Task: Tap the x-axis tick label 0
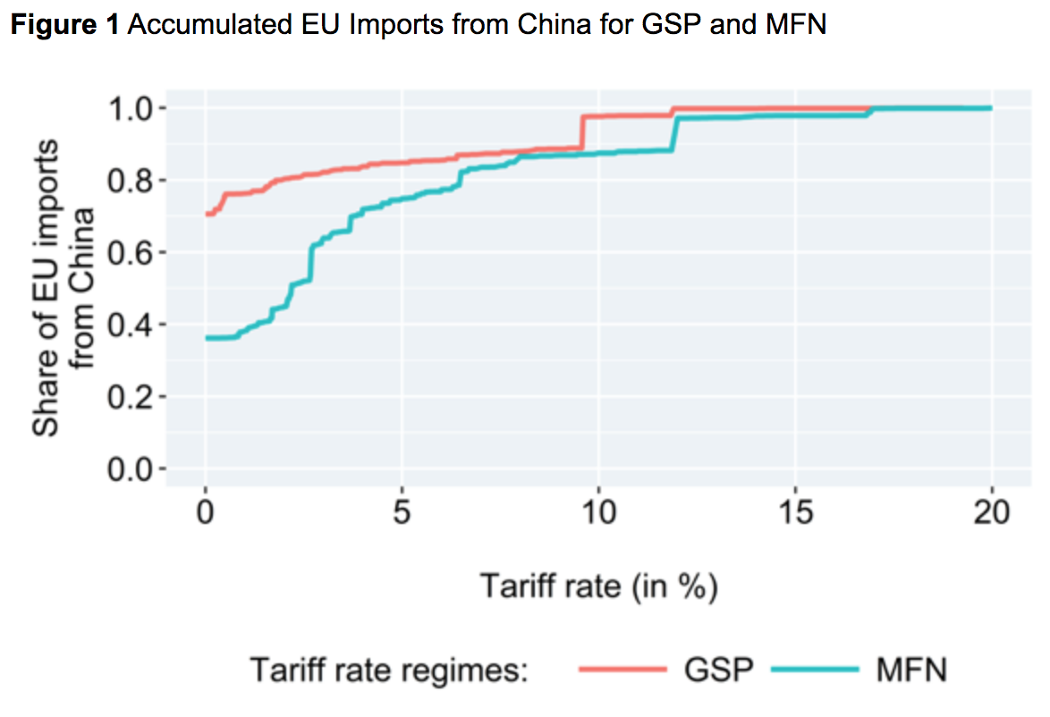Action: click(206, 514)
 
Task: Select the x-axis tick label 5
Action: click(402, 514)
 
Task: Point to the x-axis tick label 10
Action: click(598, 514)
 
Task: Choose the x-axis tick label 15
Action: click(795, 514)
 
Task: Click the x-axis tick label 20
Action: click(991, 514)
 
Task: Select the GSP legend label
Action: click(716, 669)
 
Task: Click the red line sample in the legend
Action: click(623, 669)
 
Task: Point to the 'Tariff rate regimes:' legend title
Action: click(390, 670)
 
